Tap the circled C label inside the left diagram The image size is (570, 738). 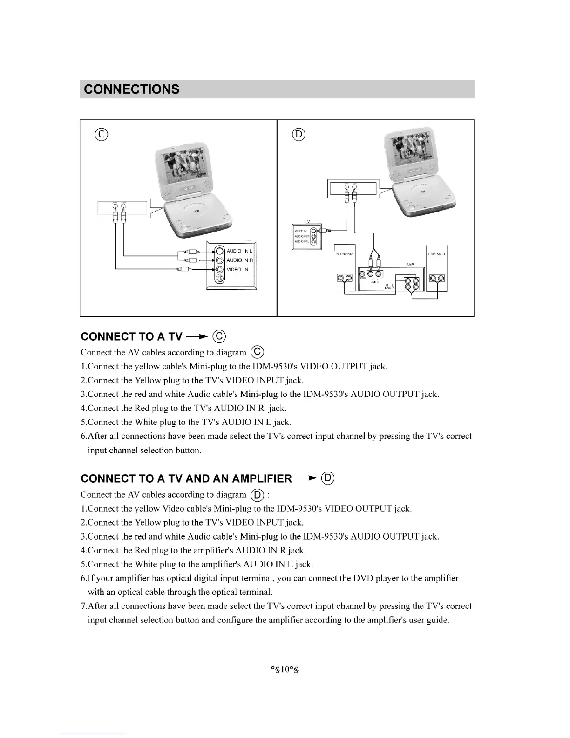[101, 135]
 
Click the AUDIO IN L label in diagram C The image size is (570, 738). [239, 251]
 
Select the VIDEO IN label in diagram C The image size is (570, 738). [237, 269]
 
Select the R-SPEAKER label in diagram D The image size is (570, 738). [345, 254]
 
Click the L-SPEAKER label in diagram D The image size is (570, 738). [436, 254]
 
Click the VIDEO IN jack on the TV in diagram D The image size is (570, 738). [314, 231]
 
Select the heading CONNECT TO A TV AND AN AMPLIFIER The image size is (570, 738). [186, 478]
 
